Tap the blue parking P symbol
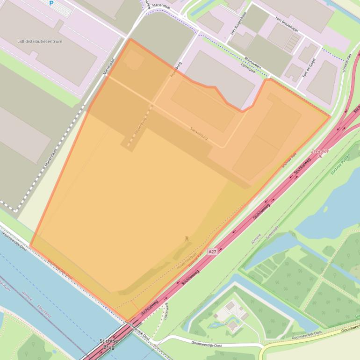tap(51, 3)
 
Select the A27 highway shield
tap(213, 252)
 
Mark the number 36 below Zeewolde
tap(320, 156)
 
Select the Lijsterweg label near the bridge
tap(166, 311)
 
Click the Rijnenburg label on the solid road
tap(176, 69)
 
